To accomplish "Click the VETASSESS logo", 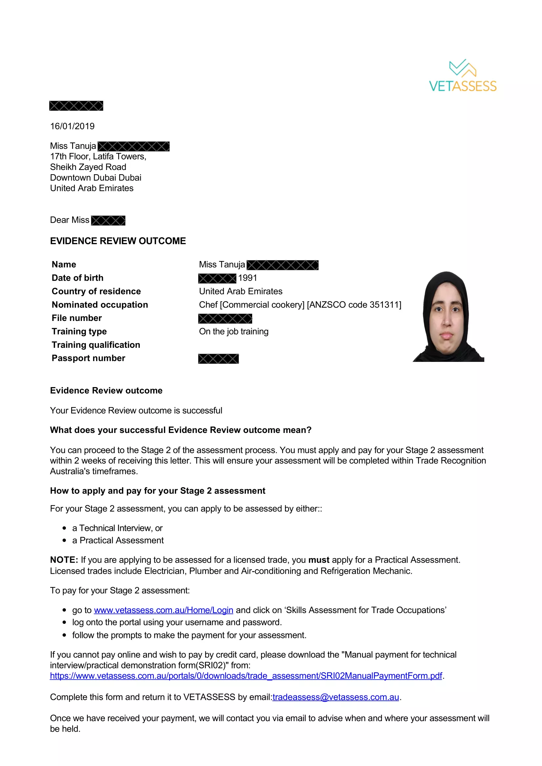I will pyautogui.click(x=463, y=76).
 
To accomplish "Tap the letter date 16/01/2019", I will pyautogui.click(x=72, y=126).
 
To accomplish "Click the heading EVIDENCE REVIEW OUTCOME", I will pyautogui.click(x=118, y=241).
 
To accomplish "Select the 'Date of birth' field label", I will pyautogui.click(x=77, y=278).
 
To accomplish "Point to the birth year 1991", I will pyautogui.click(x=248, y=278).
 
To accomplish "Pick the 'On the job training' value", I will pyautogui.click(x=233, y=331).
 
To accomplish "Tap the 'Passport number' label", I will pyautogui.click(x=88, y=358).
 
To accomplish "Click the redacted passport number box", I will pyautogui.click(x=218, y=359).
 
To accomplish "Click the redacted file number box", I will pyautogui.click(x=225, y=319).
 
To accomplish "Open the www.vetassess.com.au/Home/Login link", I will pyautogui.click(x=163, y=610).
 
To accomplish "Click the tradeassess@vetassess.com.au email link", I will pyautogui.click(x=336, y=697).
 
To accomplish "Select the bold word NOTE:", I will pyautogui.click(x=64, y=560).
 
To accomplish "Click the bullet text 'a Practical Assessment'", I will pyautogui.click(x=118, y=540).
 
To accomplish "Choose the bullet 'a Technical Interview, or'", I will pyautogui.click(x=117, y=528).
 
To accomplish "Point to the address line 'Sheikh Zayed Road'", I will pyautogui.click(x=88, y=167).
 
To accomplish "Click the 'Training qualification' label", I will pyautogui.click(x=96, y=345).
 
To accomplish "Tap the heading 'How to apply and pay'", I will pyautogui.click(x=158, y=491).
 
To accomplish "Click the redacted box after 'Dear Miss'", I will pyautogui.click(x=108, y=220).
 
